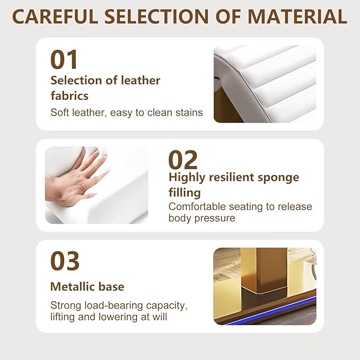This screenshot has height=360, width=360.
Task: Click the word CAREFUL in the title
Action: (55, 17)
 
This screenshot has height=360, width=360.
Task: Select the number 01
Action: (64, 59)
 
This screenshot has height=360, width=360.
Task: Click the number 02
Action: (183, 160)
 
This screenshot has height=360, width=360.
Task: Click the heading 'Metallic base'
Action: (87, 287)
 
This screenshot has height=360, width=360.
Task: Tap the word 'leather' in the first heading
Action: (140, 81)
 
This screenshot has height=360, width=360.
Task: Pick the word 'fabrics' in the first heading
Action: (69, 96)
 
